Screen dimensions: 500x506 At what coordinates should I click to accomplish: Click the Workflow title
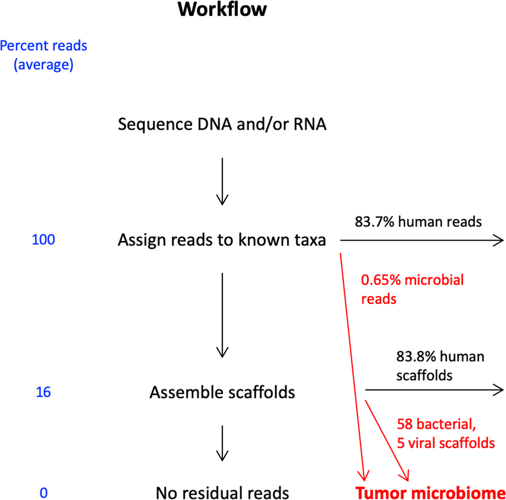222,10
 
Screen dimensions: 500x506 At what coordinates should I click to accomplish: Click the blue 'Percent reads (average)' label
44,55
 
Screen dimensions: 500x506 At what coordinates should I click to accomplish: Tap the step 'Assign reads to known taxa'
222,240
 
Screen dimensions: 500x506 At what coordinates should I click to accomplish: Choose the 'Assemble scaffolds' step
222,392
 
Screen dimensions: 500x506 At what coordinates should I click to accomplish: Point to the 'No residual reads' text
222,493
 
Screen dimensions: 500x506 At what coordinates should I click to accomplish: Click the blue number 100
43,240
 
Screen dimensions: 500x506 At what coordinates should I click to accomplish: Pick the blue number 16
43,393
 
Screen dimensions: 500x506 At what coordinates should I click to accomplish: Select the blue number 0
43,493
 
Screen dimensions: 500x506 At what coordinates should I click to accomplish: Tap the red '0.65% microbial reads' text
412,289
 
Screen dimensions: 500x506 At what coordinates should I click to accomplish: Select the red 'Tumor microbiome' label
430,493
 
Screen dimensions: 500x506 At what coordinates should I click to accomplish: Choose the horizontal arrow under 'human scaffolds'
435,390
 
